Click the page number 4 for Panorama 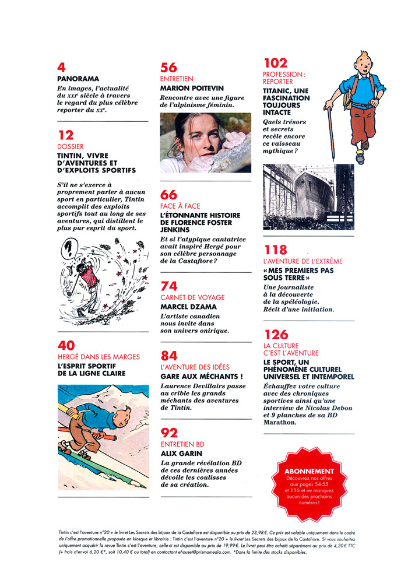pos(61,66)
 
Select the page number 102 pos(276,63)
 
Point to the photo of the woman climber pos(205,143)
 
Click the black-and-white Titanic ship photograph pos(308,196)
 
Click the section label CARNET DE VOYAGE pos(192,297)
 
